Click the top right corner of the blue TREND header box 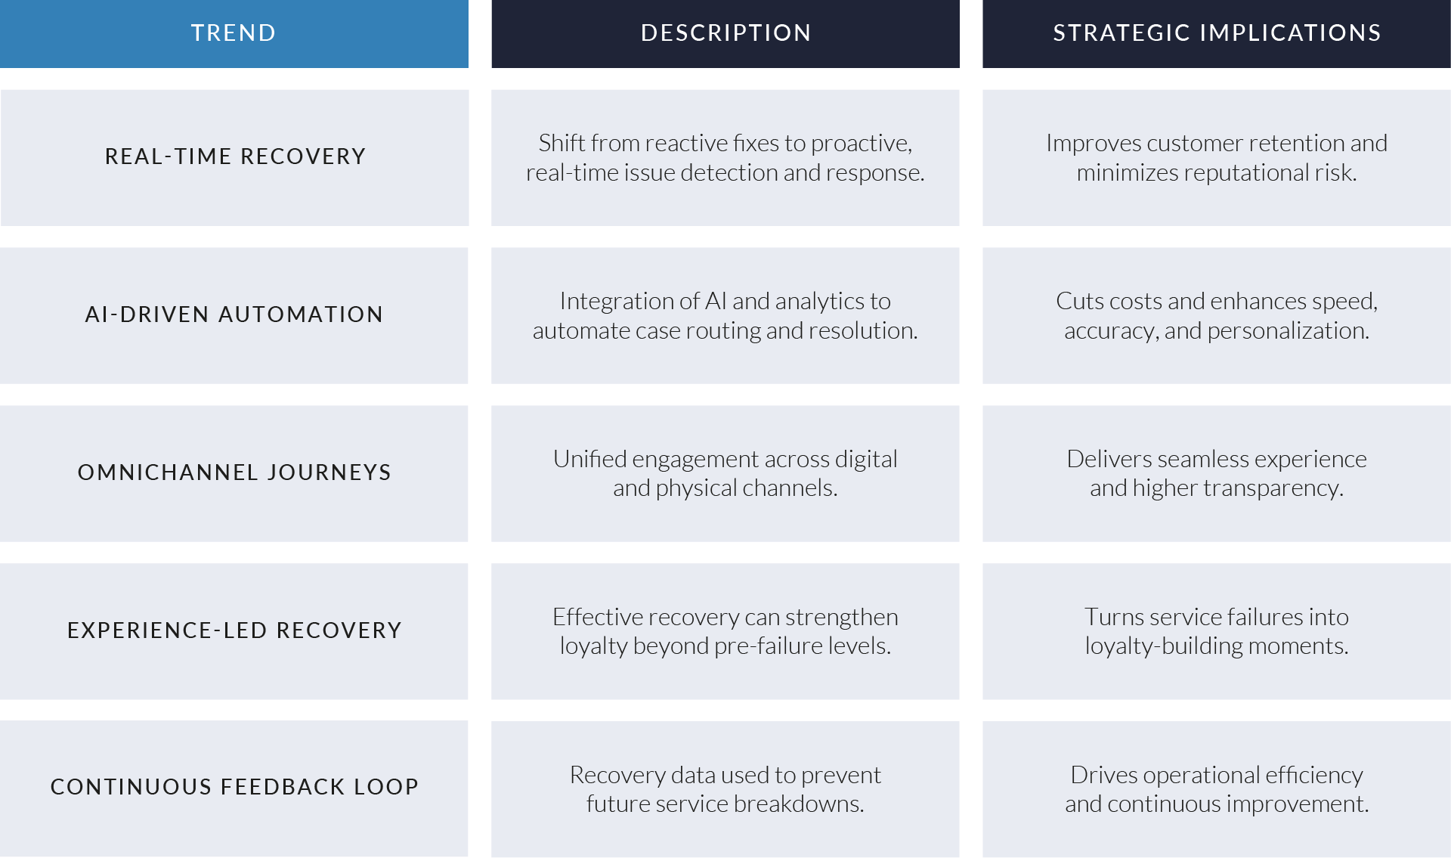click(469, 0)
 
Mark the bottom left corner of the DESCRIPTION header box click(492, 68)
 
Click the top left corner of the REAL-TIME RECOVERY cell click(1, 90)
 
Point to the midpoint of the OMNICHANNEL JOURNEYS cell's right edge click(468, 473)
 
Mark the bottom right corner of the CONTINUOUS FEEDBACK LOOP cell click(468, 856)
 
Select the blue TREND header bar click(234, 34)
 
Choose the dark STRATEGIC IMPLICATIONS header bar click(1217, 34)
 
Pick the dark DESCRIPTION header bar click(725, 34)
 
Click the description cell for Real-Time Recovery click(725, 158)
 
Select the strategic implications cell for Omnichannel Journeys click(1217, 473)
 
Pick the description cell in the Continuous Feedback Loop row click(725, 788)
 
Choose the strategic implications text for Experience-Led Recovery click(1217, 631)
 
